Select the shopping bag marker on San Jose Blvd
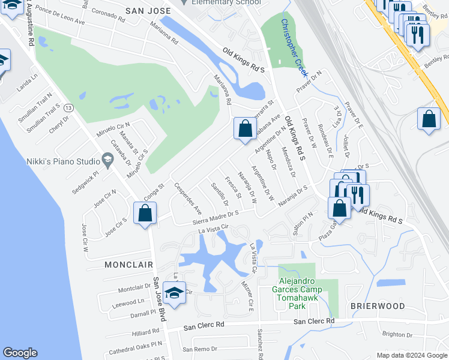point(145,213)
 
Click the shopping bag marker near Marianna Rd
point(245,128)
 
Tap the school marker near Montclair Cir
point(174,293)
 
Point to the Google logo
point(20,353)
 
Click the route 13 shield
point(70,107)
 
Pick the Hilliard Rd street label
point(145,332)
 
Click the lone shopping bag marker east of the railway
point(430,118)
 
